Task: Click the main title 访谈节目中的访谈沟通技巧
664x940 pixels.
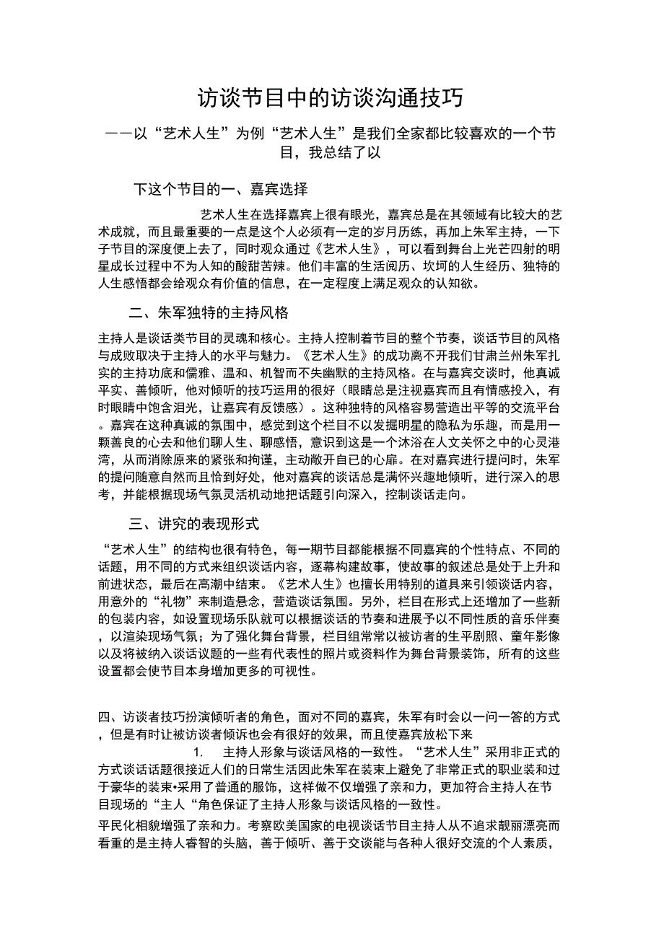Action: point(331,98)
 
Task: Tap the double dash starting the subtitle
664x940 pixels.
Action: point(118,134)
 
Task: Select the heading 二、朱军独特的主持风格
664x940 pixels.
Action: point(209,313)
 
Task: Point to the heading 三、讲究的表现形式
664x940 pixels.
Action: point(193,524)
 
